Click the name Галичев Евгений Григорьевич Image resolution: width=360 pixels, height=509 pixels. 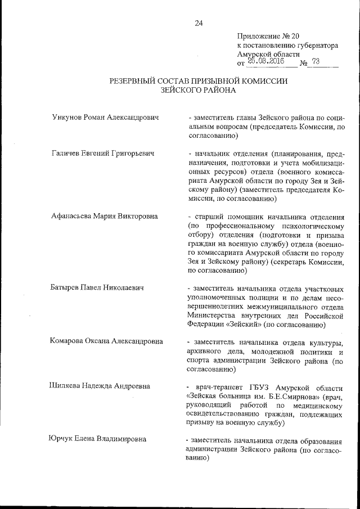pyautogui.click(x=102, y=153)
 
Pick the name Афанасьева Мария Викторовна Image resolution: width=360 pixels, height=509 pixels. pyautogui.click(x=104, y=216)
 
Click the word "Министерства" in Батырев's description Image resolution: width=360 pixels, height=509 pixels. pyautogui.click(x=210, y=315)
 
